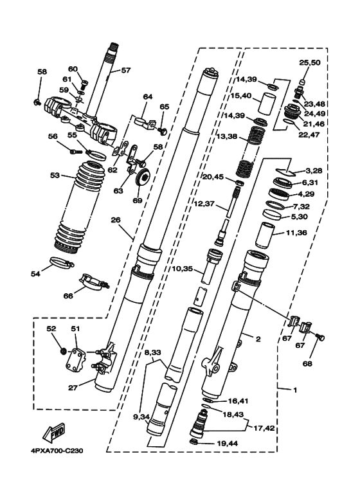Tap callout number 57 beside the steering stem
coord(125,71)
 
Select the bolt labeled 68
coord(322,338)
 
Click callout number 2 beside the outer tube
coord(257,338)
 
